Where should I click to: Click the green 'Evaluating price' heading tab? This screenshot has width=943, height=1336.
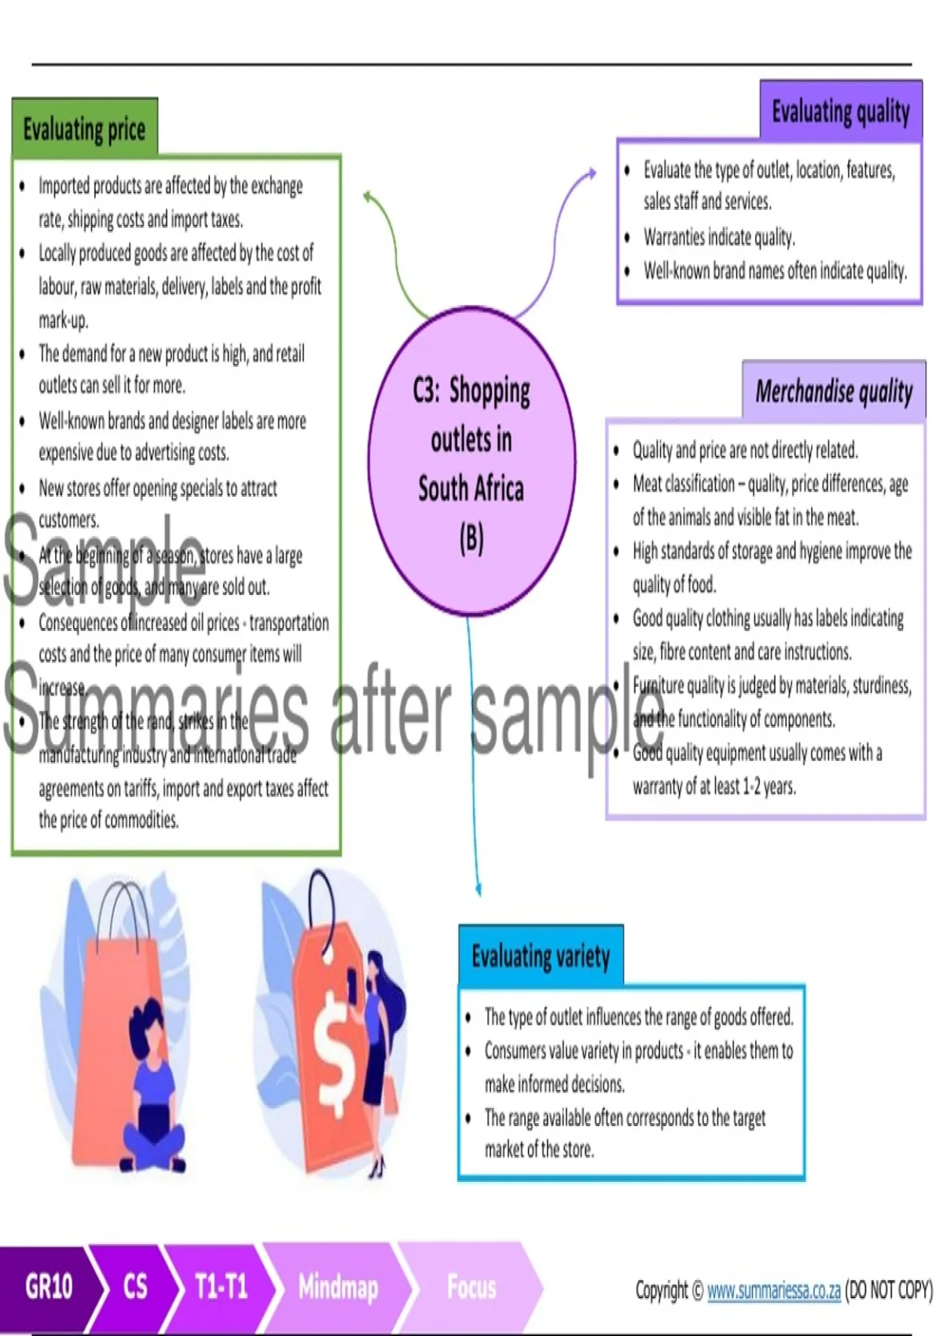point(85,128)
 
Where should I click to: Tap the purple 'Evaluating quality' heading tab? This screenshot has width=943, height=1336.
point(840,111)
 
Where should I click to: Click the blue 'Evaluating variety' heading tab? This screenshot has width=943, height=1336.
point(541,956)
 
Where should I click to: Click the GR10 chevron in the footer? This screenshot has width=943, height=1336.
point(49,1286)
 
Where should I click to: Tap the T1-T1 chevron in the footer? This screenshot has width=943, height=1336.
point(221,1286)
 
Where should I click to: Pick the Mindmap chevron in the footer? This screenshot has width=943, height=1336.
point(338,1286)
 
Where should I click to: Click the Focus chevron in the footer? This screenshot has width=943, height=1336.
point(472,1286)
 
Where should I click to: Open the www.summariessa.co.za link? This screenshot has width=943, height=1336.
point(773,1290)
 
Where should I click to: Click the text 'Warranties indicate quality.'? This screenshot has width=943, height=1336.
point(719,237)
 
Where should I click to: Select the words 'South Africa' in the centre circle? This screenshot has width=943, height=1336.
point(471,488)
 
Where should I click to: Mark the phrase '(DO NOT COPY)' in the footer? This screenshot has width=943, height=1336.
point(888,1290)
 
